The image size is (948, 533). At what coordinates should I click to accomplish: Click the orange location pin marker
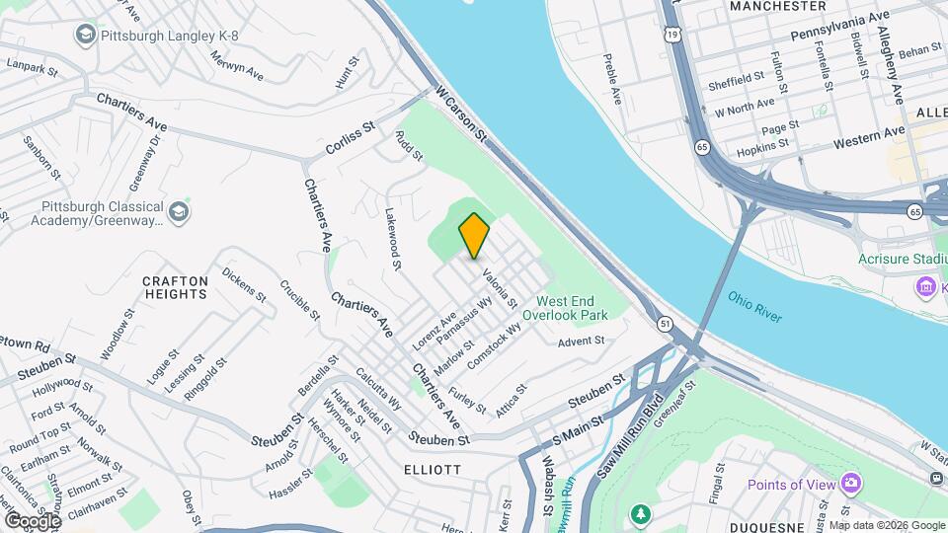[475, 235]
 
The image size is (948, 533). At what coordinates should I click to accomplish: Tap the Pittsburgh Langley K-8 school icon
[85, 36]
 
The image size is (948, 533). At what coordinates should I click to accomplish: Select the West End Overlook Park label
[572, 307]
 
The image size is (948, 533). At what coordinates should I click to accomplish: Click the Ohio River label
[755, 306]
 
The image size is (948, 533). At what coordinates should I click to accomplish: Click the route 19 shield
[671, 34]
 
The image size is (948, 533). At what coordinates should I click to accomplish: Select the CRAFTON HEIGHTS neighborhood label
[176, 287]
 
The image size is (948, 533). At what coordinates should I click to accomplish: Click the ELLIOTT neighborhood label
[432, 470]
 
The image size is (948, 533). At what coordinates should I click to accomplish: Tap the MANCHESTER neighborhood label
[777, 6]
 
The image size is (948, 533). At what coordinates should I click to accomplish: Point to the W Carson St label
[461, 111]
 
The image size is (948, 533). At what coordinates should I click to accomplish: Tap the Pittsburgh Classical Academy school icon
[179, 212]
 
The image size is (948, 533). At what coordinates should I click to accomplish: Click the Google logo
[33, 520]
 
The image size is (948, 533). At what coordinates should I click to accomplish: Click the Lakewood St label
[393, 238]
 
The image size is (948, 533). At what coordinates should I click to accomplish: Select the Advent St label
[581, 342]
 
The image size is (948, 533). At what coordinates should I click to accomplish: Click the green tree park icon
[641, 514]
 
